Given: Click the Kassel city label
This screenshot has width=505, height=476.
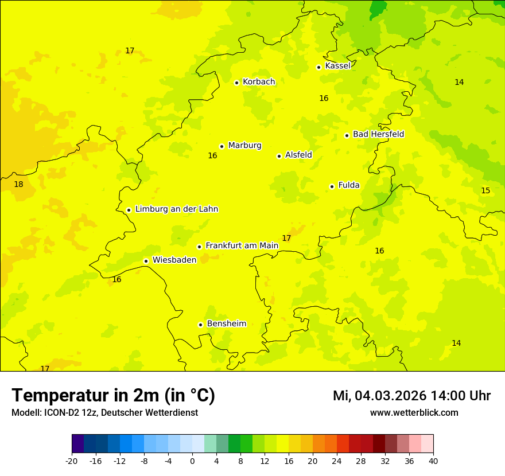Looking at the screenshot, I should (x=337, y=66).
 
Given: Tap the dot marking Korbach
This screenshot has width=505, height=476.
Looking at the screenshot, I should (x=236, y=83).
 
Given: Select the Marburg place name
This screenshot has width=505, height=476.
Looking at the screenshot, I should (x=244, y=146).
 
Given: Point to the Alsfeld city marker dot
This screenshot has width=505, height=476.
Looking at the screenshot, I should (x=279, y=156).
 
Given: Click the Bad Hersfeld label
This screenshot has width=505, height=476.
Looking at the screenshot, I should (x=378, y=134).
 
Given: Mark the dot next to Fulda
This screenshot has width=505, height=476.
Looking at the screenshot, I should (x=332, y=186).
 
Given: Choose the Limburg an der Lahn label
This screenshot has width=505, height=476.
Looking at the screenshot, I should (x=176, y=209).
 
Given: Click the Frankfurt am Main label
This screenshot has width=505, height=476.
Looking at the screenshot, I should (x=242, y=245).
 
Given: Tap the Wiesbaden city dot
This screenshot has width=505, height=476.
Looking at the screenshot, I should (x=146, y=261).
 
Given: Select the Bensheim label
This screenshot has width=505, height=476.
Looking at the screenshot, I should (x=226, y=323).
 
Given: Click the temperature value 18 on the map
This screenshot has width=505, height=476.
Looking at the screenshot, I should (x=18, y=184).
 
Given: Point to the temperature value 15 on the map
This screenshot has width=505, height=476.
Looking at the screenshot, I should (x=485, y=190).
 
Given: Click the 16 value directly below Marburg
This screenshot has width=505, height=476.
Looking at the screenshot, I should (x=212, y=155).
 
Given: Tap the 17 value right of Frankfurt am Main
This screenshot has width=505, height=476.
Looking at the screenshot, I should (x=286, y=238).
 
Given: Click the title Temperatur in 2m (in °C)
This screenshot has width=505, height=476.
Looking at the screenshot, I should (x=113, y=395).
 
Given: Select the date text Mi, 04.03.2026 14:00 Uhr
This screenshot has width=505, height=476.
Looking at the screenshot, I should (x=411, y=396).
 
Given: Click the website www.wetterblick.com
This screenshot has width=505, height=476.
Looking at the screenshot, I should (x=414, y=412).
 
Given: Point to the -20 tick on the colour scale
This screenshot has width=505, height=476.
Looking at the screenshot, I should (x=72, y=461).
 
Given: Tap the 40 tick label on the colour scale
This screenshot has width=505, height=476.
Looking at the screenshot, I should (x=433, y=461).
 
